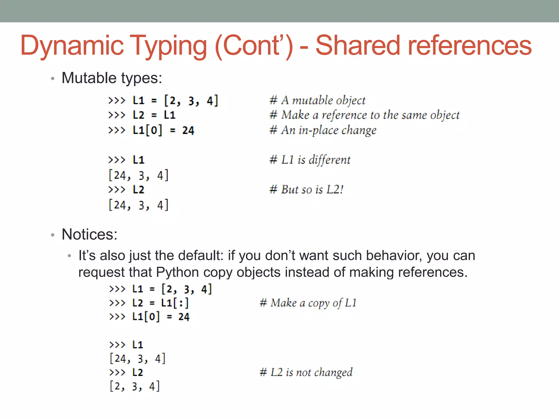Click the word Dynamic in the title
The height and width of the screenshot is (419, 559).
(x=72, y=46)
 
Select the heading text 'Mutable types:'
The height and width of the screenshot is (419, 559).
(x=112, y=78)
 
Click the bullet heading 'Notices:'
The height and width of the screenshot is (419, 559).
(x=90, y=234)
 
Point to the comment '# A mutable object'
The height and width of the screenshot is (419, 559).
(x=317, y=100)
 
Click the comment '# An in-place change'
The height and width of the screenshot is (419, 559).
(x=323, y=130)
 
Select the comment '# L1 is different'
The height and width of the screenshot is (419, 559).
(x=310, y=160)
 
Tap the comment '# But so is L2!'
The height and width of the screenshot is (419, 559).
(x=306, y=190)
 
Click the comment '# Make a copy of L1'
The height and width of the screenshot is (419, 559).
(x=308, y=303)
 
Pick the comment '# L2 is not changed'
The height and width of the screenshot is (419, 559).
(x=306, y=372)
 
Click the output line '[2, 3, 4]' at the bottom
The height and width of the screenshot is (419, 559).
(x=135, y=387)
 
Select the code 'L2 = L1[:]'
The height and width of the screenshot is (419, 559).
(x=160, y=303)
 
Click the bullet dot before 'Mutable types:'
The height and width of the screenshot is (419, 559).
(x=53, y=79)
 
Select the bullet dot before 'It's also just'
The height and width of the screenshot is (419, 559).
(x=70, y=256)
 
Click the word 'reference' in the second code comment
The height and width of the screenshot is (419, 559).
(x=344, y=115)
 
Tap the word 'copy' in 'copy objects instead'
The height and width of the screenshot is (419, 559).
(x=218, y=273)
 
